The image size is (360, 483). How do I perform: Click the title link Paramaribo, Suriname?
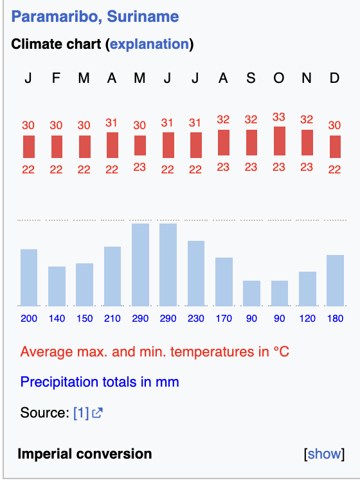pyautogui.click(x=95, y=17)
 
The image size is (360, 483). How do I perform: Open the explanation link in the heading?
pyautogui.click(x=150, y=44)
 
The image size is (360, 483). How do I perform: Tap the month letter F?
pyautogui.click(x=56, y=78)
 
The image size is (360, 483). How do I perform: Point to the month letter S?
pyautogui.click(x=251, y=78)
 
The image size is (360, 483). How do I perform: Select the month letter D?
pyautogui.click(x=334, y=78)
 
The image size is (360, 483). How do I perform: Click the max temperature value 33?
pyautogui.click(x=278, y=117)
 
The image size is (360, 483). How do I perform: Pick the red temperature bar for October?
pyautogui.click(x=280, y=141)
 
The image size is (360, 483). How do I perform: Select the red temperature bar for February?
pyautogui.click(x=57, y=146)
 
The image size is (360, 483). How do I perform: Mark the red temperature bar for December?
pyautogui.click(x=335, y=146)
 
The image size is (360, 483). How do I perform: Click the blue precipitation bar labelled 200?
pyautogui.click(x=29, y=277)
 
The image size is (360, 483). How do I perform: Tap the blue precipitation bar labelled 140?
pyautogui.click(x=57, y=286)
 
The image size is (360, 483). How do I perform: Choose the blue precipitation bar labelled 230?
pyautogui.click(x=196, y=274)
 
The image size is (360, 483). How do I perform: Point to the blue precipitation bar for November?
pyautogui.click(x=307, y=289)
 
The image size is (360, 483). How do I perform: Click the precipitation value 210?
pyautogui.click(x=113, y=318)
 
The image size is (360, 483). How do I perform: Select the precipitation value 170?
pyautogui.click(x=224, y=318)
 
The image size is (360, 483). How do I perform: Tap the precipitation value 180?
pyautogui.click(x=335, y=318)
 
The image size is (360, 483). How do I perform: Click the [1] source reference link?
pyautogui.click(x=81, y=413)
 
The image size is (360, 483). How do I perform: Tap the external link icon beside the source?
pyautogui.click(x=97, y=413)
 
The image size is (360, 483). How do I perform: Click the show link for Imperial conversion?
pyautogui.click(x=324, y=453)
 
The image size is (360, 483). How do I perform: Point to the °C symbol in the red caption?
pyautogui.click(x=281, y=351)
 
